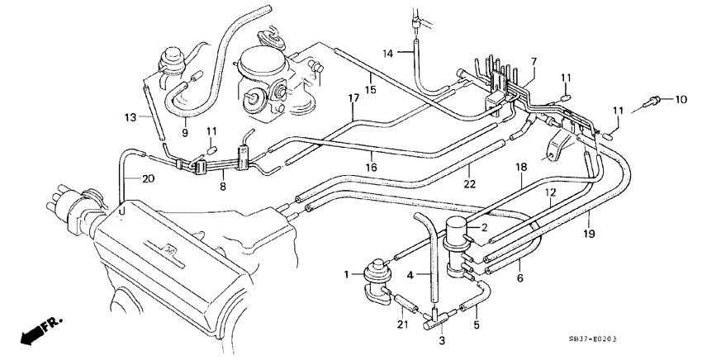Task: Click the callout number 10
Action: pyautogui.click(x=681, y=100)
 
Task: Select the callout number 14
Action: pyautogui.click(x=387, y=54)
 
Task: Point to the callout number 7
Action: pyautogui.click(x=534, y=62)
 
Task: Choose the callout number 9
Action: pyautogui.click(x=185, y=131)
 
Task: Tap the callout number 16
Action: pyautogui.click(x=371, y=166)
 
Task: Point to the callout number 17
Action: pyautogui.click(x=353, y=98)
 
